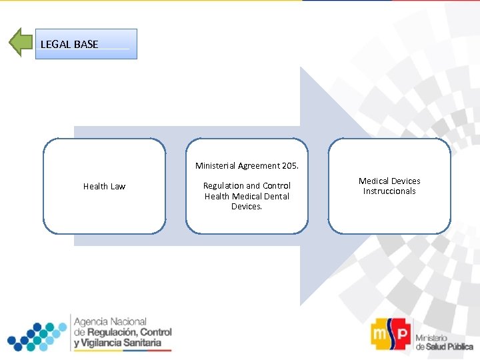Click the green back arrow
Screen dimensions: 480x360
click(x=21, y=43)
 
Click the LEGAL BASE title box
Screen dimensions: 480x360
click(x=86, y=44)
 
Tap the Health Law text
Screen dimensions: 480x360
click(x=104, y=186)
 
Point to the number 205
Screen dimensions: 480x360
click(x=291, y=165)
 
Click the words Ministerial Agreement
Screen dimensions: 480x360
click(x=237, y=165)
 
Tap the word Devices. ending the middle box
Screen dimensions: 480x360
click(x=247, y=207)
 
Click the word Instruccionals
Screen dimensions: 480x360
click(x=389, y=191)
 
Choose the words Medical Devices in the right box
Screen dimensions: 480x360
click(x=389, y=181)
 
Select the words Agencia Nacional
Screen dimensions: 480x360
click(x=110, y=321)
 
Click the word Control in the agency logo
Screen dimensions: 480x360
click(x=155, y=332)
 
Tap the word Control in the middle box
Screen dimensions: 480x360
click(x=277, y=185)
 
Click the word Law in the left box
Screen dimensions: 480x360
click(x=117, y=186)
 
